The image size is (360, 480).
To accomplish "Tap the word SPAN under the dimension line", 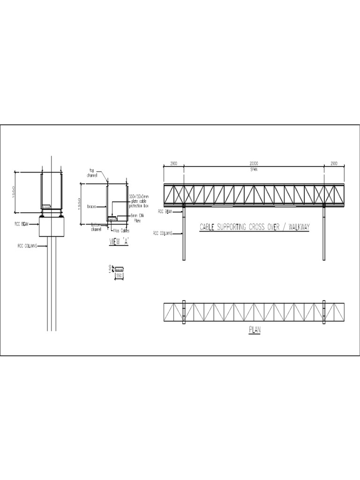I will pos(254,169).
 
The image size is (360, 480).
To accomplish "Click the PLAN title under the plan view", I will pos(254,330).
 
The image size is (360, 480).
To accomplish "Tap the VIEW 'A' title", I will pos(118,241).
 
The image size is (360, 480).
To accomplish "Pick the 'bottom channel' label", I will pos(96,227).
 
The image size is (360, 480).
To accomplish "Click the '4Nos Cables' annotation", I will pos(120,231).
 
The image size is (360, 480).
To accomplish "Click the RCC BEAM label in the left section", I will pos(22,224).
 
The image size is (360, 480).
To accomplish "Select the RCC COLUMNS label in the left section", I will pos(27,245).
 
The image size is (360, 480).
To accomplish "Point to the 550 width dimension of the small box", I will pos(120,277).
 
